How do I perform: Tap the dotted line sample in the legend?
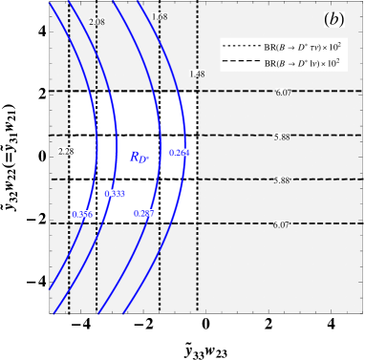pyautogui.click(x=238, y=46)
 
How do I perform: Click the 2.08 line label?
pyautogui.click(x=97, y=20)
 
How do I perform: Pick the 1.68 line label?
pyautogui.click(x=160, y=17)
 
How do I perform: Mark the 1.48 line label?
pyautogui.click(x=197, y=74)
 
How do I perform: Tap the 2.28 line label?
pyautogui.click(x=66, y=151)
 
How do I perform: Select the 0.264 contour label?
pyautogui.click(x=179, y=153)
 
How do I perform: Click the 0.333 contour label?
pyautogui.click(x=116, y=194)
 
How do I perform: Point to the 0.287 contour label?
pyautogui.click(x=144, y=213)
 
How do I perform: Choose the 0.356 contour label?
pyautogui.click(x=82, y=214)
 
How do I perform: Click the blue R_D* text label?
pyautogui.click(x=139, y=157)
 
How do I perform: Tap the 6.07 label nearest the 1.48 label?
pyautogui.click(x=283, y=92)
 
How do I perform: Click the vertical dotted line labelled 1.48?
pyautogui.click(x=198, y=267)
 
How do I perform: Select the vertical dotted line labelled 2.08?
pyautogui.click(x=97, y=267)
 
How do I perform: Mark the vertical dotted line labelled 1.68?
pyautogui.click(x=160, y=267)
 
